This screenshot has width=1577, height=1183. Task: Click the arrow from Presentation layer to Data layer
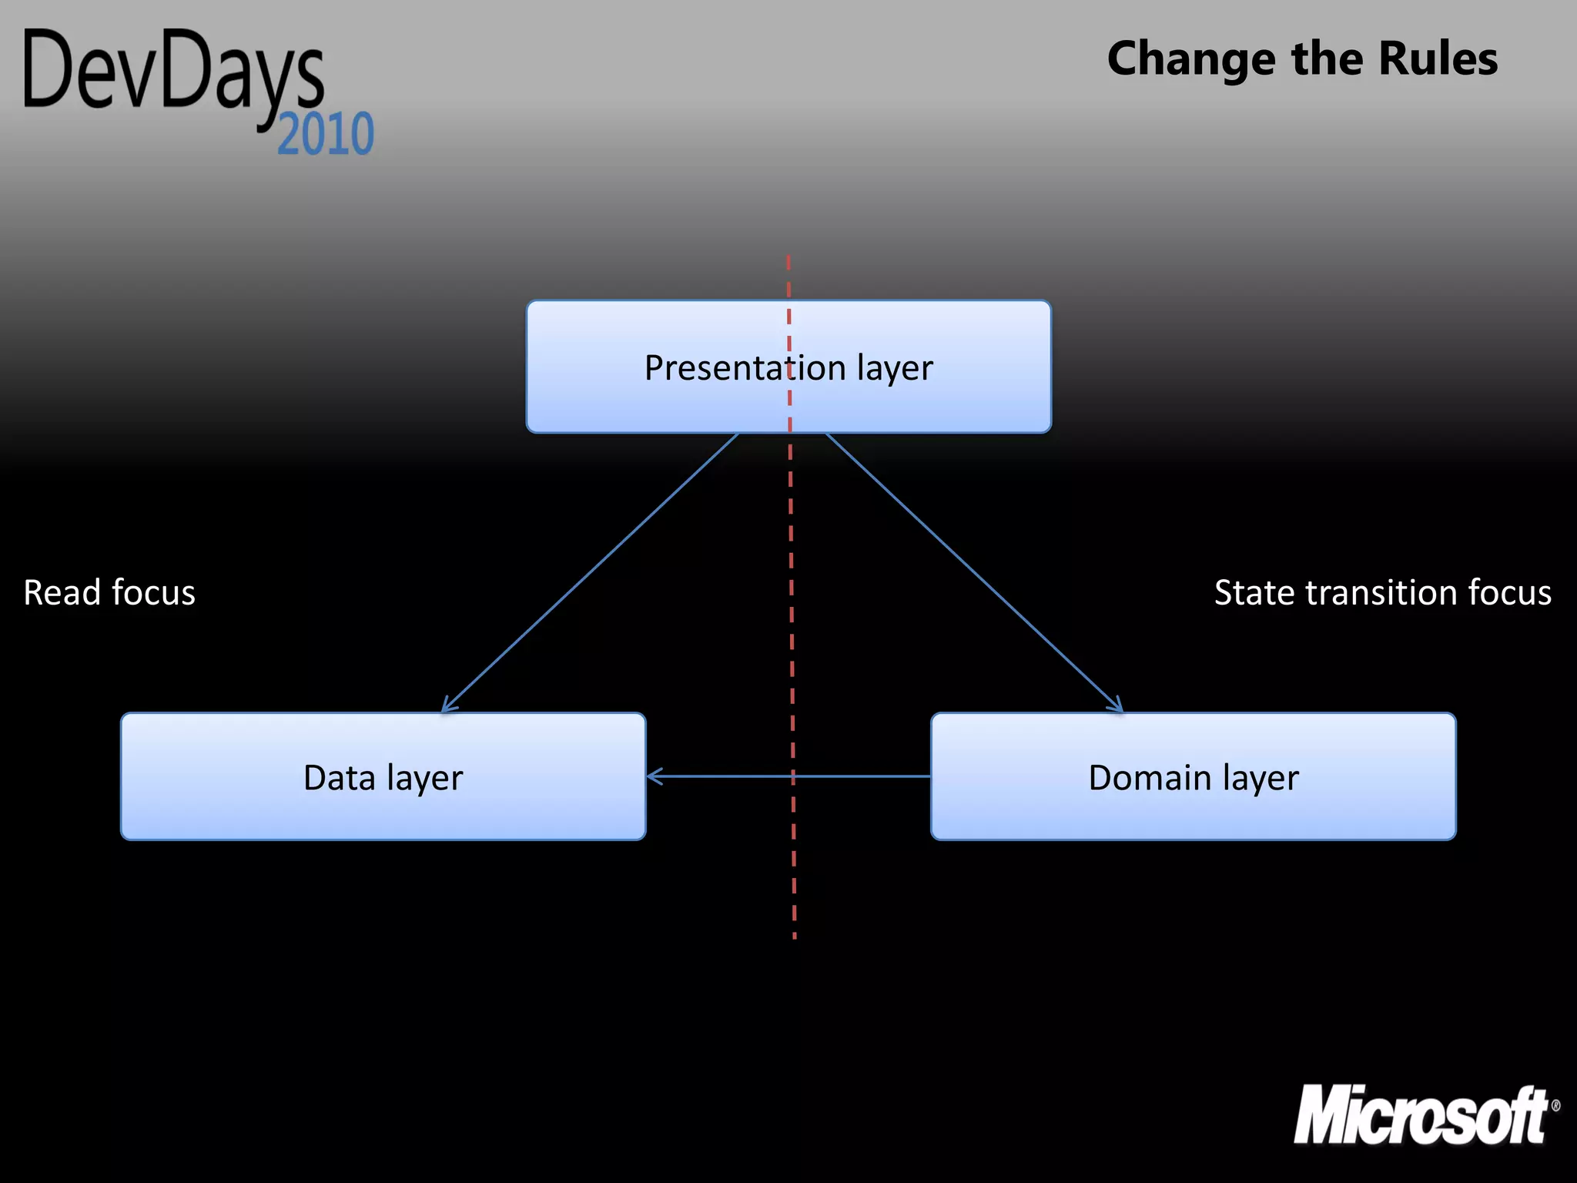coord(589,574)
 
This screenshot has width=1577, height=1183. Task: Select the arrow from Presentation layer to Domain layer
coord(974,574)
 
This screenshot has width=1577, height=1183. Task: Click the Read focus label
coord(109,593)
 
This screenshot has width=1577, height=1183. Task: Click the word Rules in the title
coord(1438,59)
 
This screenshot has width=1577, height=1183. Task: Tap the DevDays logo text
coord(173,73)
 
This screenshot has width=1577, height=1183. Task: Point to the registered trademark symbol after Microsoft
coord(1555,1106)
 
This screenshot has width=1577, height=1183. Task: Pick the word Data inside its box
coord(339,778)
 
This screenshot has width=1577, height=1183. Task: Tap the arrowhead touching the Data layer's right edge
coord(654,776)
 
